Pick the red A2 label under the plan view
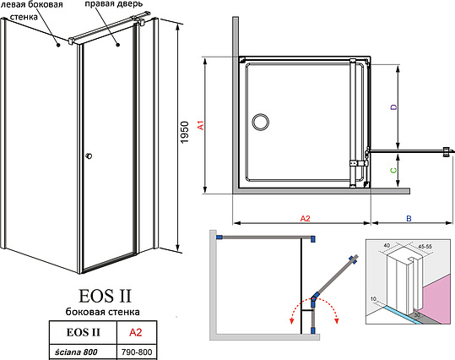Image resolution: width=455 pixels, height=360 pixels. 306,219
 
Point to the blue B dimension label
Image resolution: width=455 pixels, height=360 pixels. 409,219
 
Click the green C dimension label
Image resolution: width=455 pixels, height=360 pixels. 394,170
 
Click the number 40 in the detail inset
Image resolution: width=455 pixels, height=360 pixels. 387,245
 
